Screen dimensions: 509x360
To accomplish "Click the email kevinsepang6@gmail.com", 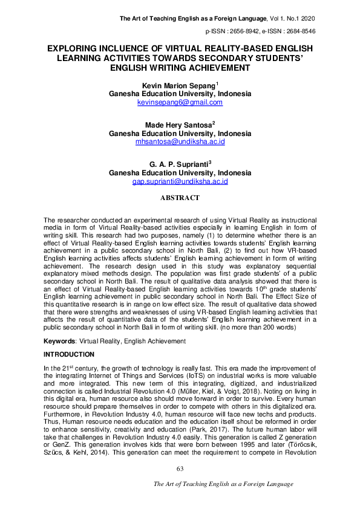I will pyautogui.click(x=180, y=103).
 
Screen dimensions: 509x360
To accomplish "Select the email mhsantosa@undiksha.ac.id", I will pyautogui.click(x=180, y=141).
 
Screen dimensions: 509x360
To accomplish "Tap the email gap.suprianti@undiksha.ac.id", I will pyautogui.click(x=180, y=181).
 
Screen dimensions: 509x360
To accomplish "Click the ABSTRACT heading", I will pyautogui.click(x=180, y=198).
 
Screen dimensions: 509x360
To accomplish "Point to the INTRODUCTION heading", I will pyautogui.click(x=70, y=354).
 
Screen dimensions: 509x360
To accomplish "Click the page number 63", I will pyautogui.click(x=180, y=470).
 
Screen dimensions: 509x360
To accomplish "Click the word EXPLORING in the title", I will pyautogui.click(x=73, y=47).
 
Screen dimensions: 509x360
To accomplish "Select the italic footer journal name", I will pyautogui.click(x=223, y=484).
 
